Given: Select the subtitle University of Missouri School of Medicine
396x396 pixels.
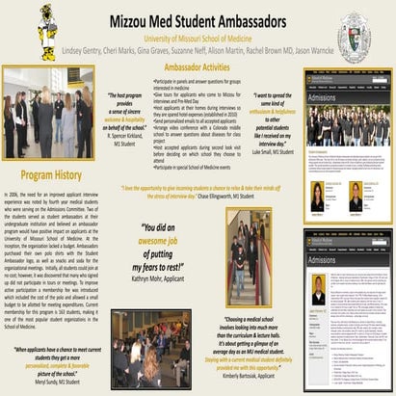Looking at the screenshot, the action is [197, 33].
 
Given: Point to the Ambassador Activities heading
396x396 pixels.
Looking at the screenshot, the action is [202, 70].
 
